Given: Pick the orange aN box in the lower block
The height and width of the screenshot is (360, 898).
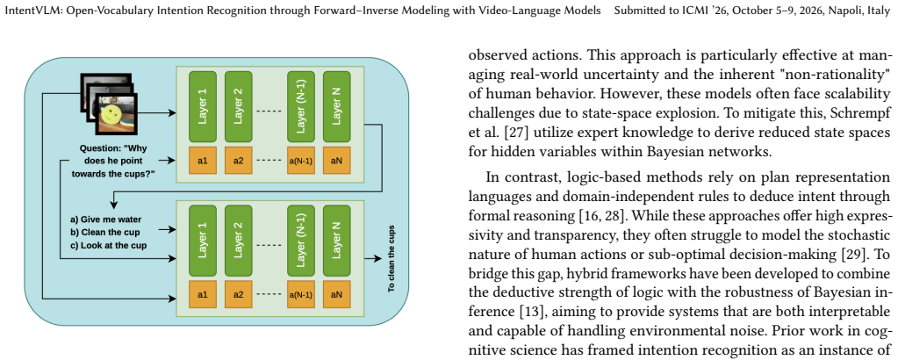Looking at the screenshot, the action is point(337,295).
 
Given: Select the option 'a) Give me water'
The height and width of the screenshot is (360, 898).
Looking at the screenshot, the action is point(106,220).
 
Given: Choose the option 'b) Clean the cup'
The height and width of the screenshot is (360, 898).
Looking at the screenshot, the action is point(104,232).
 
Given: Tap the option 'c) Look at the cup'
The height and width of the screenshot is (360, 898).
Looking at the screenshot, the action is point(108,245).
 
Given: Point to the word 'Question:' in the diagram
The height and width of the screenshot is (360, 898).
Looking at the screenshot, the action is point(100,148).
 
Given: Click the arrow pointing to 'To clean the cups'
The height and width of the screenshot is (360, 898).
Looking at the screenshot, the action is point(369,258).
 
